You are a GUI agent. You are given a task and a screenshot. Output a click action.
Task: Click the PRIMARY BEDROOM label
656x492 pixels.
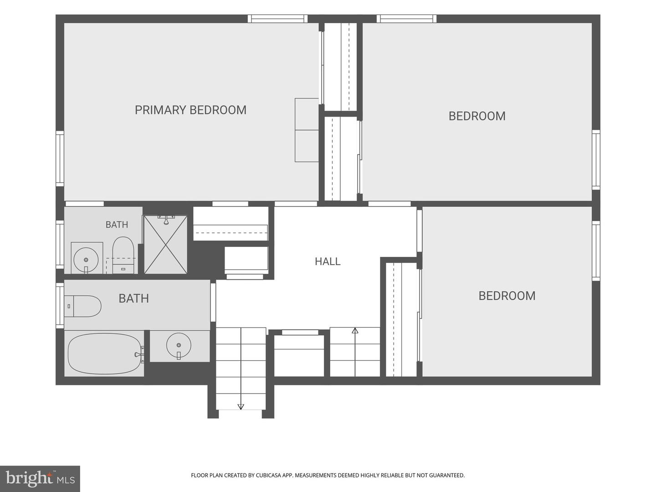pos(190,110)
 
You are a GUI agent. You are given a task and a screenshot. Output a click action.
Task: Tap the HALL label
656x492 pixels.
pos(328,261)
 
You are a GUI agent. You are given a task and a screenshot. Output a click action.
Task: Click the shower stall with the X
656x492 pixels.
pos(165,244)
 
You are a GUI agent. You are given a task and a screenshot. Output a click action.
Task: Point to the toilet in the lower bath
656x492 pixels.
pos(83,306)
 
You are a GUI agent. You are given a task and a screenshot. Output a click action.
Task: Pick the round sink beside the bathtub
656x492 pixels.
pos(179,345)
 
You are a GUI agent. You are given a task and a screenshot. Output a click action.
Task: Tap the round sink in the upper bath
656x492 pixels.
pos(86,260)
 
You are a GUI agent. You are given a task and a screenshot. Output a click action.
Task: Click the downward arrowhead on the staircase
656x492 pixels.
pos(241,406)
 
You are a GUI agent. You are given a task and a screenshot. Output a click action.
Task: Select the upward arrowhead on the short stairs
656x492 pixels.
pos(355,330)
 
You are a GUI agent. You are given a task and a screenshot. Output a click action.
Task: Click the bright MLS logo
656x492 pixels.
pos(40,478)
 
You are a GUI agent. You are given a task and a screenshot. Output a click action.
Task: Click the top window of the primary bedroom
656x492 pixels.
pos(277,19)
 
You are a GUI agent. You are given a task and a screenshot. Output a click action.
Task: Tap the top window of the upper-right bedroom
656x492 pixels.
pos(406,19)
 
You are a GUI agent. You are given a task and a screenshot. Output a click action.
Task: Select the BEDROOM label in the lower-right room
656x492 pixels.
pos(507,296)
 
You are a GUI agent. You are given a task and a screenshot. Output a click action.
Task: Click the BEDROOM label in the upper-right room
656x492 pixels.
pos(477,116)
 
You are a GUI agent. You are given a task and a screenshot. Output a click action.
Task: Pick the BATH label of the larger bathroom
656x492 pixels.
pos(133,298)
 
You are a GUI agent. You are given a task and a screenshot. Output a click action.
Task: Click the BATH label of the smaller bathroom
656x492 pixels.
pos(117,224)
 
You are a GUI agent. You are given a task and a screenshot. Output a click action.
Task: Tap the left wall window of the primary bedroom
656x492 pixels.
pos(60,159)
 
